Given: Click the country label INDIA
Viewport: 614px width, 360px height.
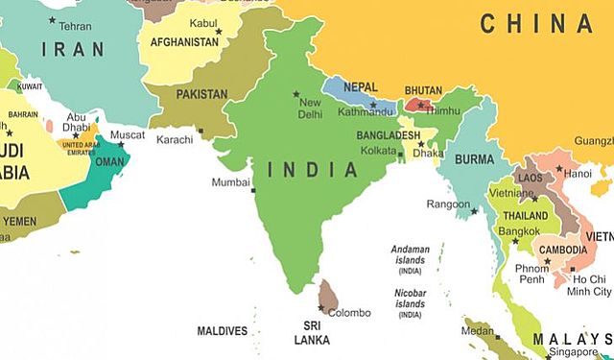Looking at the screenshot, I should coord(313,170).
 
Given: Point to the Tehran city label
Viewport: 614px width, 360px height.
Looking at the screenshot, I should coord(75,26).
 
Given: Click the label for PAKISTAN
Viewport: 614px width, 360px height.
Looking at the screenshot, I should coord(202,94).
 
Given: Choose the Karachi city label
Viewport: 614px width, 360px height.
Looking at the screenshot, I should coord(175,140).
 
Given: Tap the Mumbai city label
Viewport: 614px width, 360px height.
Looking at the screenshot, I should coord(230,181).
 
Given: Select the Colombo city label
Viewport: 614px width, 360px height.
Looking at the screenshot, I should coord(348,313).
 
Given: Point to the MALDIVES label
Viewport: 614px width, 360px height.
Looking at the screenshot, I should coord(223,331).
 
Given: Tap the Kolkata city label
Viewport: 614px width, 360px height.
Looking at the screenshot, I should coord(377,152).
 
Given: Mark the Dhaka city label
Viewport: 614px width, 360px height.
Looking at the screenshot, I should coord(429,153).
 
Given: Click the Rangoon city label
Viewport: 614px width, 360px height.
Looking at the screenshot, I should coord(448,204).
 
